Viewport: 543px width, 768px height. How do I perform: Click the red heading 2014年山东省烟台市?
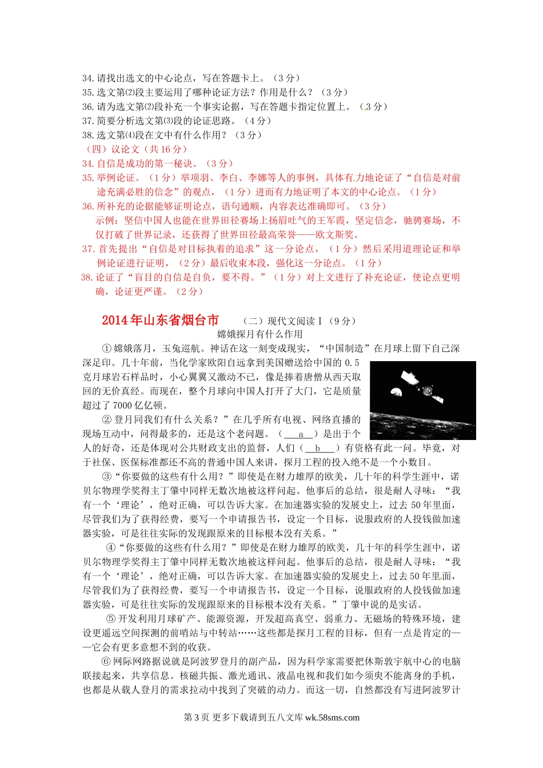point(160,320)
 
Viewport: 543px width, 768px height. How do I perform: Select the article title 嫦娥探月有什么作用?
point(260,334)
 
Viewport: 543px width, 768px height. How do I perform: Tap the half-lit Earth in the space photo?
point(396,391)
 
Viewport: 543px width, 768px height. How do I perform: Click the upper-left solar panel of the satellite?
point(409,378)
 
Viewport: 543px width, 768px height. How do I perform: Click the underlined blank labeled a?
point(300,434)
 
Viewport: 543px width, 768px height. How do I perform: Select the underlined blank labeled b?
point(319,449)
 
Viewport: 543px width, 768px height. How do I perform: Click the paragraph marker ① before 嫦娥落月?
point(106,349)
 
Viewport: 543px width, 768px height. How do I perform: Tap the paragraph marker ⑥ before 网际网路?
point(106,662)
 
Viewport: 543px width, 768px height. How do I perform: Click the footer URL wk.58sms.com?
point(332,718)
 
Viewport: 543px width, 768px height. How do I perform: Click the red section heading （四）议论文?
point(113,149)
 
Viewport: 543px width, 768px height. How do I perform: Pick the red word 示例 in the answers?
point(105,221)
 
